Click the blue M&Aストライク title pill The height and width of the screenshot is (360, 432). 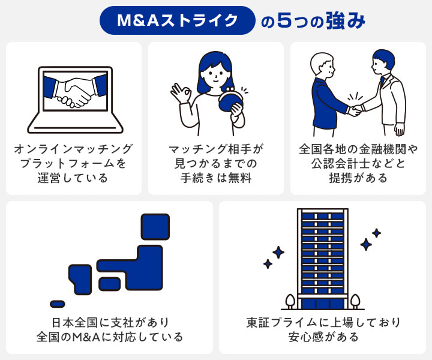point(178,20)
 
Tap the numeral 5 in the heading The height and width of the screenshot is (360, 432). point(287,20)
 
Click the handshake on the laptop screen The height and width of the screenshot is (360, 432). point(76,92)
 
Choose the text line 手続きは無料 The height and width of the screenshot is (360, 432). point(216,178)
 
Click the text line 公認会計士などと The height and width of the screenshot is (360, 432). point(359,163)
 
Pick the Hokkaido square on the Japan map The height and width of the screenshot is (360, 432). point(155,226)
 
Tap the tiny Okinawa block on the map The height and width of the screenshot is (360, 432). point(58,304)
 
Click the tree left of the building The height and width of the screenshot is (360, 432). point(290,299)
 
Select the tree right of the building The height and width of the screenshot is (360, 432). point(355,299)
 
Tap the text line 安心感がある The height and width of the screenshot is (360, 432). point(323,337)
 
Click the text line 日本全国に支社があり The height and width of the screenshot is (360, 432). point(109,322)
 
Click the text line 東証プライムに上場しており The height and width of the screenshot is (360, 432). point(323,322)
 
